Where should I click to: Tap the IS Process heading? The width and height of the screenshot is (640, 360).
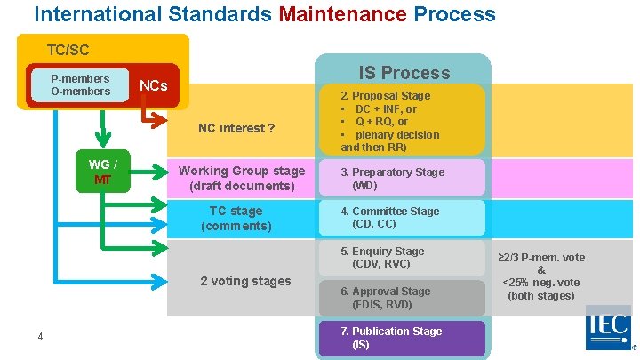click(404, 72)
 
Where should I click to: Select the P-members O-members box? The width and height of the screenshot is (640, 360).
click(81, 84)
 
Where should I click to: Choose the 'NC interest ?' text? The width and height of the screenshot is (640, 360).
click(236, 128)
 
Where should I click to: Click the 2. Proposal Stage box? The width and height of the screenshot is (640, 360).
click(400, 120)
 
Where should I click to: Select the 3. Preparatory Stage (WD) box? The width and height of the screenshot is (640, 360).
click(400, 179)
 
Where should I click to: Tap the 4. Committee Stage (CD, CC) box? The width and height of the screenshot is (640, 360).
click(400, 218)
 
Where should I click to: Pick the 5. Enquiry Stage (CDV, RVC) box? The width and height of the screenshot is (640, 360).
click(400, 258)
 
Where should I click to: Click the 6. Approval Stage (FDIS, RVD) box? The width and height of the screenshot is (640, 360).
click(400, 298)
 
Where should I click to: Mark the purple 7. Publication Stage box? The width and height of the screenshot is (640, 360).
click(400, 338)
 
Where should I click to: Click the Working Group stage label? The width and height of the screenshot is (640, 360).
click(241, 178)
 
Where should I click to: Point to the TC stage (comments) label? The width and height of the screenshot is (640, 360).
click(236, 218)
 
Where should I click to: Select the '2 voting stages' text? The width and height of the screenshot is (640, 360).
click(245, 281)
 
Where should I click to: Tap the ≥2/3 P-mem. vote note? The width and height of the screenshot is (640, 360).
click(541, 276)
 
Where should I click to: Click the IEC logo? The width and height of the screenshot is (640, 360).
click(608, 328)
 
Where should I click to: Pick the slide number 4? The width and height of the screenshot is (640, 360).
click(40, 336)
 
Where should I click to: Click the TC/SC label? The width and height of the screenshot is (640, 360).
click(68, 50)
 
